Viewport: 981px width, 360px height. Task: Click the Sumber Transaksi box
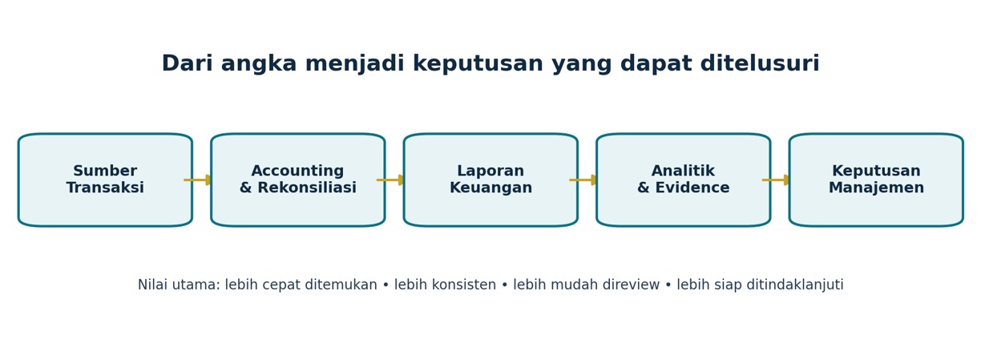coord(105,180)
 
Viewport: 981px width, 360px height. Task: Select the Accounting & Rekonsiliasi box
coord(298,180)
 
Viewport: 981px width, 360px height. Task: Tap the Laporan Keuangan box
coord(490,180)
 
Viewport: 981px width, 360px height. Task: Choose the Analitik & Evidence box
coord(683,180)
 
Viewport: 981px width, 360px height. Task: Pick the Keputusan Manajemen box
coord(876,180)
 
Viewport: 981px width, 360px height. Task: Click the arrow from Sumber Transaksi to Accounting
coord(197,180)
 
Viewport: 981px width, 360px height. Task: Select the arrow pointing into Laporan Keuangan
coord(390,180)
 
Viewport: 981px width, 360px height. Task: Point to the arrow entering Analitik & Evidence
coord(583,180)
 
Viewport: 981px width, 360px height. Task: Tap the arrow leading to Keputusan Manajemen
coord(776,180)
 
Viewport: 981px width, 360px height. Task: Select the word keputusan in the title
coord(478,64)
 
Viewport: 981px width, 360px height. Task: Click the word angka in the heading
coord(259,64)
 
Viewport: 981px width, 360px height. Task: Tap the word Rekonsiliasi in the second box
coord(306,188)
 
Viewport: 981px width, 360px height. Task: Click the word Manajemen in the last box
coord(876,188)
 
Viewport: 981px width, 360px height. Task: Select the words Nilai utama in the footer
coord(179,285)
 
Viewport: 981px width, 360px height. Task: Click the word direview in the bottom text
coord(631,285)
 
